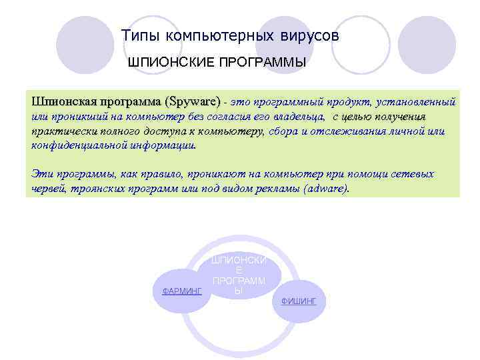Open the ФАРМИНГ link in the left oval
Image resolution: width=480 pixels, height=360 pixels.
coord(183,291)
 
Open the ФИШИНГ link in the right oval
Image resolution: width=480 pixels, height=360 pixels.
coord(299,301)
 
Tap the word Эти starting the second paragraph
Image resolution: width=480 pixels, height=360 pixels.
coord(42,174)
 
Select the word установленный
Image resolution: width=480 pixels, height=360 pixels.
coord(415,103)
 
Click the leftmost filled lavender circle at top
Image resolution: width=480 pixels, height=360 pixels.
coord(81,45)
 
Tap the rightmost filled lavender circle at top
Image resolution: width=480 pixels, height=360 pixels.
coord(430,45)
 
